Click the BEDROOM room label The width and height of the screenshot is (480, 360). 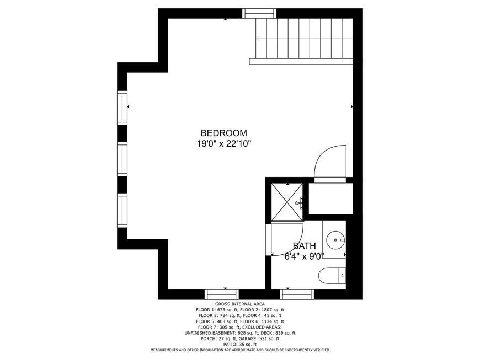coord(224,133)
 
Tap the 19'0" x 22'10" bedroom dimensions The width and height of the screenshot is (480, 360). coord(224,143)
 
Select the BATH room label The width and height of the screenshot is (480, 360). coord(304,246)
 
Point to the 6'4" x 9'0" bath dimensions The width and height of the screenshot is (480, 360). coord(304,256)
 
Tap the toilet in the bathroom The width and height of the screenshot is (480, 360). coord(332,276)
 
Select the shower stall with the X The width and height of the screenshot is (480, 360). coord(287,202)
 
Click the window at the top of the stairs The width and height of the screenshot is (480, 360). coord(259,13)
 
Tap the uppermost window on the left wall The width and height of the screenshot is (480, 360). coord(122,108)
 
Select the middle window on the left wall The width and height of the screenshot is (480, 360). coord(122,159)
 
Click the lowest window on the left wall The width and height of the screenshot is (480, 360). coord(122,210)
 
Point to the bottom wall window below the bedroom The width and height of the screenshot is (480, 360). coord(222,294)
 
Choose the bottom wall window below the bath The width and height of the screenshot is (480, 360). coord(297,294)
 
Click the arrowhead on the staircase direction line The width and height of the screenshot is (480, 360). coord(258,39)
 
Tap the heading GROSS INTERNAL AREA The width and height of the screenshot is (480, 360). coord(240,304)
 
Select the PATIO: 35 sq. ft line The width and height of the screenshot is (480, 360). coord(240,345)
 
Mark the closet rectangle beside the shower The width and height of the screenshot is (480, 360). coord(330,198)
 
